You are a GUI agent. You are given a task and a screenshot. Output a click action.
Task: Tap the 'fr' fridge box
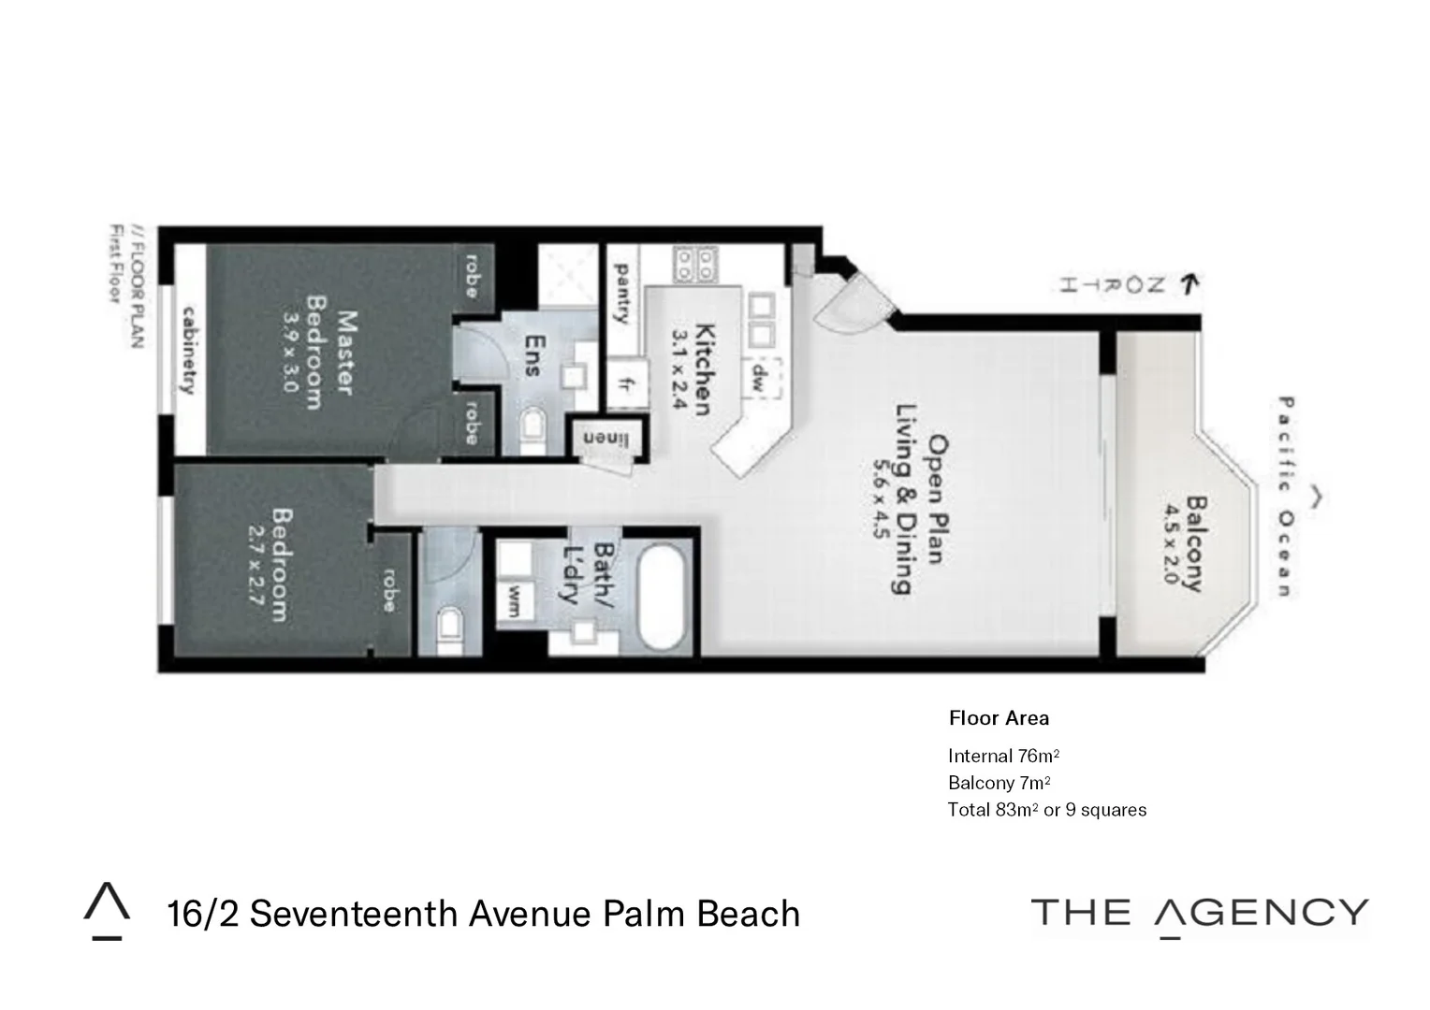pyautogui.click(x=623, y=384)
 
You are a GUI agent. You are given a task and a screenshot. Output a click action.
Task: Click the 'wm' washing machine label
pyautogui.click(x=514, y=601)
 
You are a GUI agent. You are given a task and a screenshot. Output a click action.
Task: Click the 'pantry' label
pyautogui.click(x=620, y=292)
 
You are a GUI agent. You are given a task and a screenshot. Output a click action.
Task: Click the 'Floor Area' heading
pyautogui.click(x=999, y=718)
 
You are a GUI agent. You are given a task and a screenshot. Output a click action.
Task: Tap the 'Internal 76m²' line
pyautogui.click(x=1003, y=756)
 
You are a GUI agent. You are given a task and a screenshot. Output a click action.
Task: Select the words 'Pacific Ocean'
pyautogui.click(x=1285, y=496)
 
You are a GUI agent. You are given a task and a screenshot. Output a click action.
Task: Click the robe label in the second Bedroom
pyautogui.click(x=389, y=591)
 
